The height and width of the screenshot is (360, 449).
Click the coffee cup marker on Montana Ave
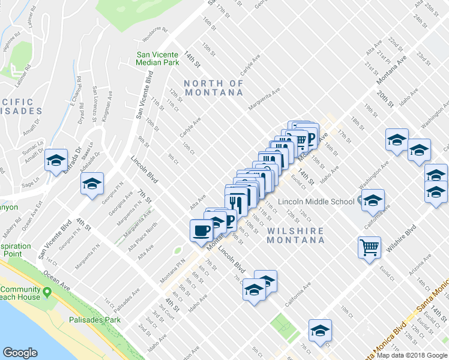(201, 230)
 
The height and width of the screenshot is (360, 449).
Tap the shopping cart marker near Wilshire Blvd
(370, 247)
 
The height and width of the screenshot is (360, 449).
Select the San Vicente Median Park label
(157, 58)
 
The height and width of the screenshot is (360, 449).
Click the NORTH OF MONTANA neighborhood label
(214, 88)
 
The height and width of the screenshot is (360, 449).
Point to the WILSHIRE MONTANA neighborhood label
(296, 235)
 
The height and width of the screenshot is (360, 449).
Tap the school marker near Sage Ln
(56, 160)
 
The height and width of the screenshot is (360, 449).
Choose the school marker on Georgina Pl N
(92, 184)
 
